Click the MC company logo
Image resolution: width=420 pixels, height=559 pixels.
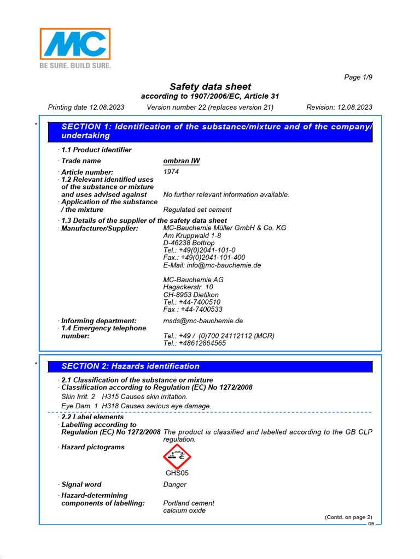tap(75, 44)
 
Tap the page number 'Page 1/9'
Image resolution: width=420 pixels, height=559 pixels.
tap(358, 77)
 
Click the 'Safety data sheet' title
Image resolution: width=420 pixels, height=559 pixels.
tap(210, 87)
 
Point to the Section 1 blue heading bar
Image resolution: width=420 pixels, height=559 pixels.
tap(210, 131)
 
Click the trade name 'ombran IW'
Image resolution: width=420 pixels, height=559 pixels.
tap(182, 161)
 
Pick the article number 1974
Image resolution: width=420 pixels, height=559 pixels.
tap(171, 171)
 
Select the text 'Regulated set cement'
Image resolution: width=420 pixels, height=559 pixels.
tap(197, 210)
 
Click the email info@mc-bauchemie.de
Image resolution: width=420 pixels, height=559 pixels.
tap(212, 265)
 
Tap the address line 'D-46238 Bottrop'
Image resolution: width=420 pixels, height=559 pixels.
tap(189, 243)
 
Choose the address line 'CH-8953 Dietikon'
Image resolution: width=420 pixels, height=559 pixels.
tap(191, 294)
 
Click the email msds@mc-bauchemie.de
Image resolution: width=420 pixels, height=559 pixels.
tap(203, 321)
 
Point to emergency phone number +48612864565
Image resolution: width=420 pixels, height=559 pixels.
tap(194, 343)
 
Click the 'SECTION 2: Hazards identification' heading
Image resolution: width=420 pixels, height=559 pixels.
tap(130, 366)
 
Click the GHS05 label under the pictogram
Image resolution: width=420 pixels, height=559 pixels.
tap(177, 473)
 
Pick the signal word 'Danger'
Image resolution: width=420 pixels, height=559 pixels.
tap(174, 485)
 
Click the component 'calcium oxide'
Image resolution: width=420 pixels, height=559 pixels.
tap(184, 510)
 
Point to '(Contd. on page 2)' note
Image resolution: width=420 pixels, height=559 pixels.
tap(348, 517)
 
